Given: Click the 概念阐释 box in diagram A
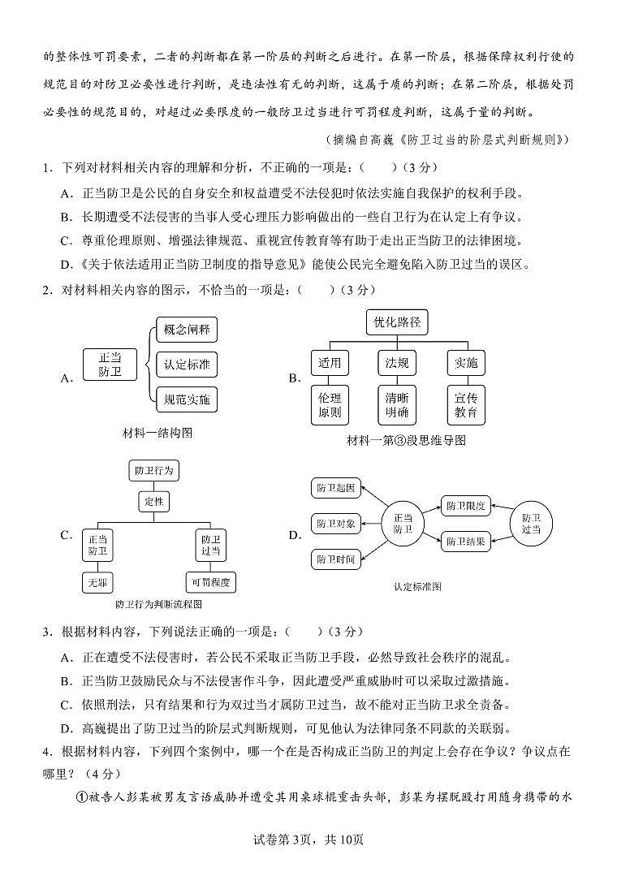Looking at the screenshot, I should pyautogui.click(x=187, y=330).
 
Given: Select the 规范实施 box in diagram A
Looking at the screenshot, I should pyautogui.click(x=187, y=399).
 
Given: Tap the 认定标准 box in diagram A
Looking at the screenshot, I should pyautogui.click(x=187, y=365).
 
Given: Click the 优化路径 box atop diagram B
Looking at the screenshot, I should pyautogui.click(x=397, y=322).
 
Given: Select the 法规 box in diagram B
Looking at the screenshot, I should pyautogui.click(x=397, y=363).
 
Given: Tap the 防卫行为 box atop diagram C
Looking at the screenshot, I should pyautogui.click(x=153, y=471).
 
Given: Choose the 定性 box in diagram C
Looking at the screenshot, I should pyautogui.click(x=153, y=502).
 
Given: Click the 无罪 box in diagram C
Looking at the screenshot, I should pyautogui.click(x=97, y=582).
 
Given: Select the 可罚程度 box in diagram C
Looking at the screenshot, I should pyautogui.click(x=210, y=582).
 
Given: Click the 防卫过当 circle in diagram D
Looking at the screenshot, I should pyautogui.click(x=531, y=523).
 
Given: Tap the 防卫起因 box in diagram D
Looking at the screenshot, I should pyautogui.click(x=336, y=488).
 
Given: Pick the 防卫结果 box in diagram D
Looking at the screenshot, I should pyautogui.click(x=466, y=542).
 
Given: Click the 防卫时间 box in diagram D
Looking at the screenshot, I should pyautogui.click(x=336, y=559).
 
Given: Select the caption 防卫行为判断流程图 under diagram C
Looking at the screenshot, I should pyautogui.click(x=158, y=604).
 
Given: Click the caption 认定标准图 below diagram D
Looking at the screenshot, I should pyautogui.click(x=418, y=586).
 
